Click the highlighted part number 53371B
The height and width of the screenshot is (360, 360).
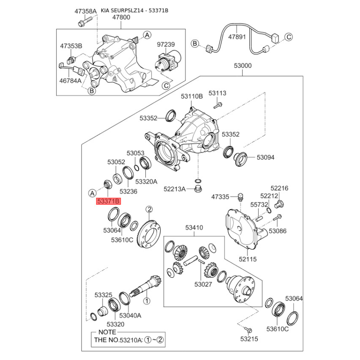click(x=108, y=201)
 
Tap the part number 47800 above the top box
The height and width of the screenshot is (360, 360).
click(x=121, y=17)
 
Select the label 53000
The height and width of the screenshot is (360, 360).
click(x=243, y=66)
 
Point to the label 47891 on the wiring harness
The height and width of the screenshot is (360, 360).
click(x=237, y=37)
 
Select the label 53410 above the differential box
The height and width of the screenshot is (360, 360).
click(x=194, y=228)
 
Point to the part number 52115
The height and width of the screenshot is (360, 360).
click(x=247, y=259)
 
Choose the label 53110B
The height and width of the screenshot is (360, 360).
click(x=192, y=96)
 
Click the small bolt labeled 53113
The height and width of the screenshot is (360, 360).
click(x=217, y=106)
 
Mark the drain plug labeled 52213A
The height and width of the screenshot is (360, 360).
click(x=197, y=189)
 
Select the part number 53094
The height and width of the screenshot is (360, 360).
click(x=265, y=157)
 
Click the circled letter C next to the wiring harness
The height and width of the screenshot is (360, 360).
click(x=288, y=37)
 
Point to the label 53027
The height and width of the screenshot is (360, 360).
click(x=203, y=284)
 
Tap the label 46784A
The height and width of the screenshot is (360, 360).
click(x=71, y=81)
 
